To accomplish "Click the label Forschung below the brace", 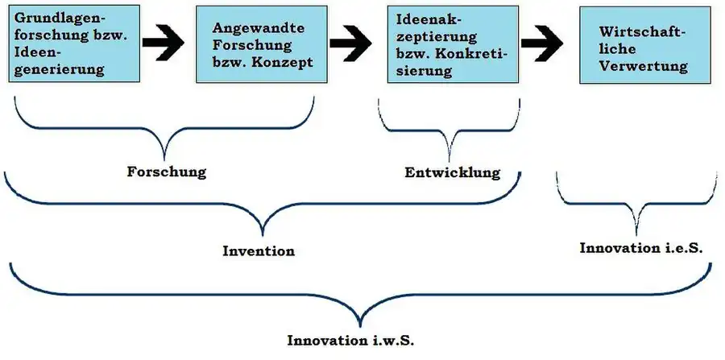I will [x=167, y=172].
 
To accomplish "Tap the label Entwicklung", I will [x=452, y=172].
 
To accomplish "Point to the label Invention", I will [x=259, y=250].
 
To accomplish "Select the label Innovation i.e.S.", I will [x=640, y=248].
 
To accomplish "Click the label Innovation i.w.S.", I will [x=350, y=339].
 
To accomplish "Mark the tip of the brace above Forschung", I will [x=166, y=158].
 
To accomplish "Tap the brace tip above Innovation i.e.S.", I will [x=638, y=234].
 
